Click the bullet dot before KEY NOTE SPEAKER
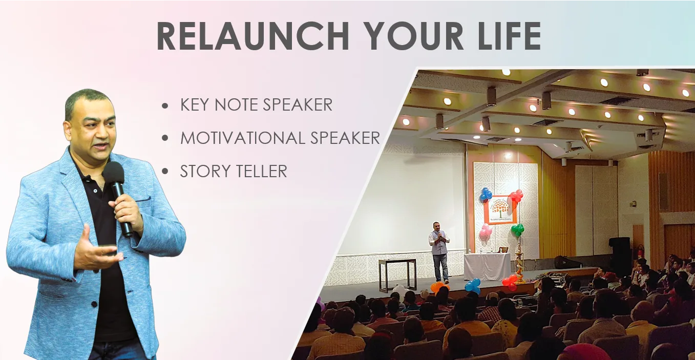[x=165, y=106]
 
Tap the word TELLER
[x=262, y=171]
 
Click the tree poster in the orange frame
[x=500, y=209]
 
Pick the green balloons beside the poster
[x=517, y=229]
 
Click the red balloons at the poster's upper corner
[x=516, y=196]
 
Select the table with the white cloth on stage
[x=487, y=266]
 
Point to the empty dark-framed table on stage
[x=397, y=274]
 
